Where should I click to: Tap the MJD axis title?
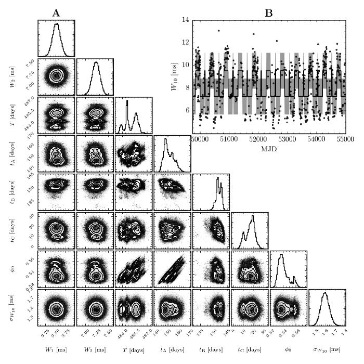(x=269, y=149)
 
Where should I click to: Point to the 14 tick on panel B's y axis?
(x=185, y=20)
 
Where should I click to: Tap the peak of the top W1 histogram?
(x=57, y=24)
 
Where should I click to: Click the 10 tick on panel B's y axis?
(x=185, y=65)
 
